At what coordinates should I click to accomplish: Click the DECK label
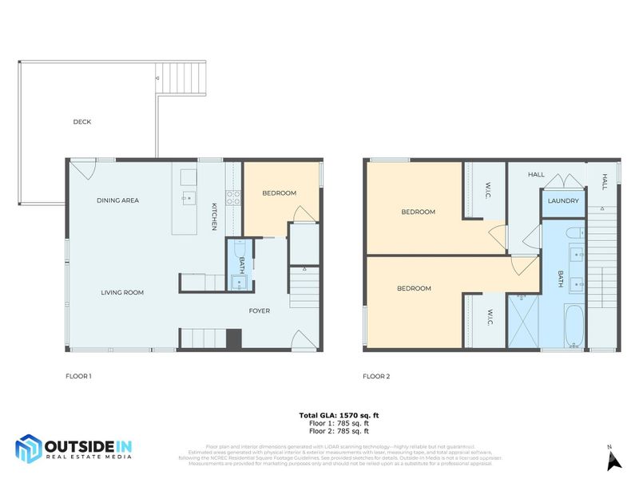(82, 122)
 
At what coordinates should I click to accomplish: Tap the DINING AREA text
(118, 200)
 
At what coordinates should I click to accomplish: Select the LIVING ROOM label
(122, 293)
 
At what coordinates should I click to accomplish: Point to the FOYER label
(260, 311)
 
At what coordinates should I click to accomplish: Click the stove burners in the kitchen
(233, 197)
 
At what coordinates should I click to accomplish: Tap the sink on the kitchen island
(188, 198)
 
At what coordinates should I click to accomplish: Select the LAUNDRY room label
(563, 201)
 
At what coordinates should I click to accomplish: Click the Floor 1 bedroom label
(280, 193)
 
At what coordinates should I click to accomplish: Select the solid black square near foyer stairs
(233, 339)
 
